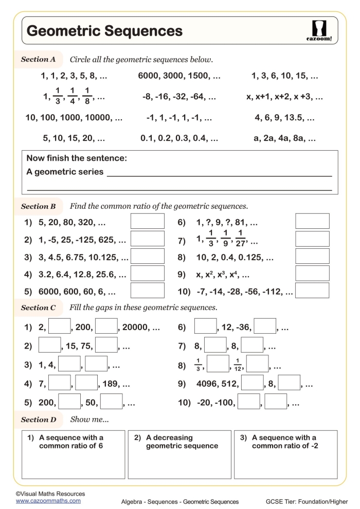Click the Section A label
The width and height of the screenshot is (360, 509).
(x=38, y=59)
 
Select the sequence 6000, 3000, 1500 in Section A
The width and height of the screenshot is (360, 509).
(x=179, y=76)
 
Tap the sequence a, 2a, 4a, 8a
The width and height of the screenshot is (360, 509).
(x=285, y=138)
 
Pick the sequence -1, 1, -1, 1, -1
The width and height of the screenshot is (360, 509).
(x=179, y=118)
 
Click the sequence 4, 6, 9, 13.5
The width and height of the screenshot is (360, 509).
(x=285, y=118)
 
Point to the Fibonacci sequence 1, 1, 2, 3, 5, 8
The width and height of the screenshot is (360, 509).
(x=74, y=76)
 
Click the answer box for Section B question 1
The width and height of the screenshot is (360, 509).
(x=147, y=221)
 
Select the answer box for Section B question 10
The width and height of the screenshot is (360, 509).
(x=312, y=290)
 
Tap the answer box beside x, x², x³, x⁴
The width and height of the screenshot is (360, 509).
(x=312, y=273)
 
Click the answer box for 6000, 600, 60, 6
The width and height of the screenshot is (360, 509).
(x=147, y=290)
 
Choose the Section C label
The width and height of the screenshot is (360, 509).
(x=38, y=308)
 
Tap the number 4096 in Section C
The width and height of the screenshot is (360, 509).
(x=209, y=384)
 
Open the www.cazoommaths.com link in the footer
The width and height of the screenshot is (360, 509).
(x=48, y=500)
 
